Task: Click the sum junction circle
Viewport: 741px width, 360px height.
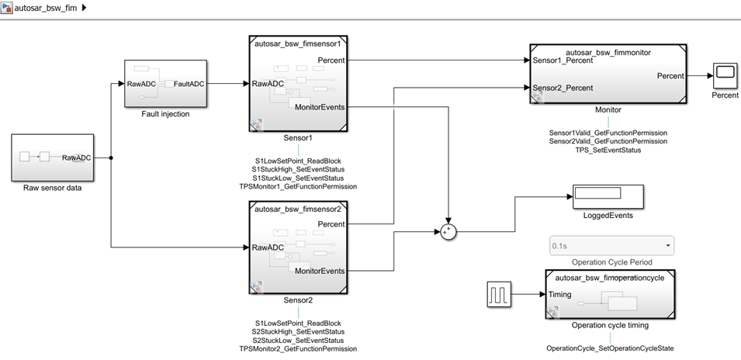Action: point(448,230)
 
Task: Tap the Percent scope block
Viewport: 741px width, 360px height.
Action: point(725,75)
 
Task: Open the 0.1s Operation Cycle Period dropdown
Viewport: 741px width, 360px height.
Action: point(611,246)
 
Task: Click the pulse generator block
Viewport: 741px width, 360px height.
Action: point(498,295)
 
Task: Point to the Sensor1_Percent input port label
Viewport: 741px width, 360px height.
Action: point(563,60)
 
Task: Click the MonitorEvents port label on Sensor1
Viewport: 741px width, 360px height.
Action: point(320,107)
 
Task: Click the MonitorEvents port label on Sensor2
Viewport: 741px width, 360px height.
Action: point(320,271)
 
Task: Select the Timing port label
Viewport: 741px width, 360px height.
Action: point(559,295)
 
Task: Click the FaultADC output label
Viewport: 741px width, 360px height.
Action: point(189,83)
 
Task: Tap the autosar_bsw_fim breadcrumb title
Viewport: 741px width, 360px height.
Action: point(45,8)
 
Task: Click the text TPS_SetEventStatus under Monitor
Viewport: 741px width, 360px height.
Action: point(608,150)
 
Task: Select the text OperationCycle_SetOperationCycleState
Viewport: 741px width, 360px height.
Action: point(610,348)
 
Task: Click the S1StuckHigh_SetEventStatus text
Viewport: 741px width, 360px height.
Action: point(298,168)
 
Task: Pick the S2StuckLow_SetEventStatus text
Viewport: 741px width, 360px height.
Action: point(298,340)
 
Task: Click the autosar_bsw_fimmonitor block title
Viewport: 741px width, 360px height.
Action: point(608,50)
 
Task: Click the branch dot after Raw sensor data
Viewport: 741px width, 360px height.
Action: point(112,157)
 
